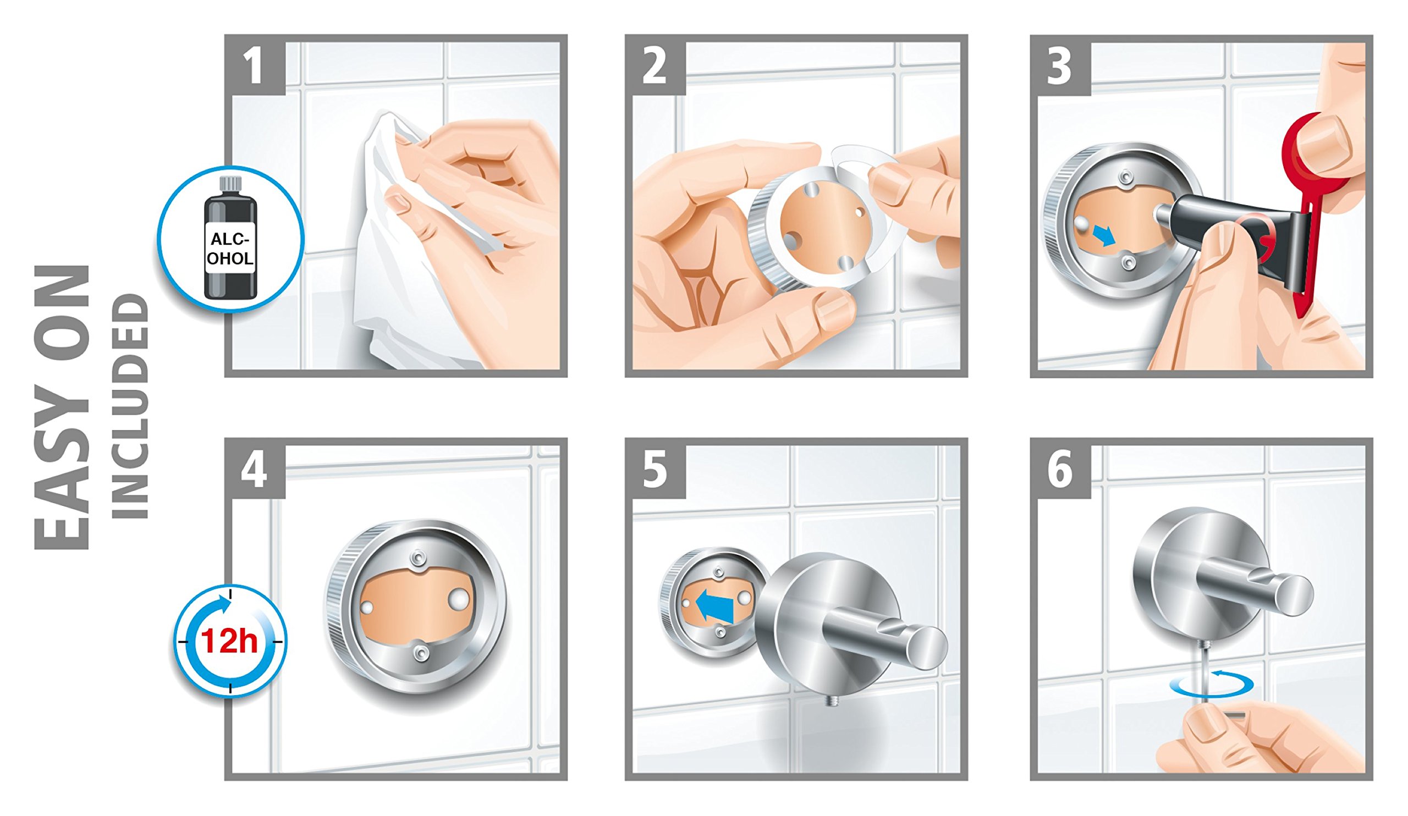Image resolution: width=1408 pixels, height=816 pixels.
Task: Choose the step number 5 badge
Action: pyautogui.click(x=656, y=468)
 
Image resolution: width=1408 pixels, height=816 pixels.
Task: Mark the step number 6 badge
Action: pyautogui.click(x=1061, y=468)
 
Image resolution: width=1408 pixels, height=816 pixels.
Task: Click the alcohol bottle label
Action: pyautogui.click(x=230, y=249)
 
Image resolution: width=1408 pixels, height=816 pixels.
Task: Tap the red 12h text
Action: pyautogui.click(x=230, y=641)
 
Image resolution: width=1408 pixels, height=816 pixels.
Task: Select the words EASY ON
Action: pyautogui.click(x=62, y=407)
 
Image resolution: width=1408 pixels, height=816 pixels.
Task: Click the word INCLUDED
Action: pyautogui.click(x=130, y=407)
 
